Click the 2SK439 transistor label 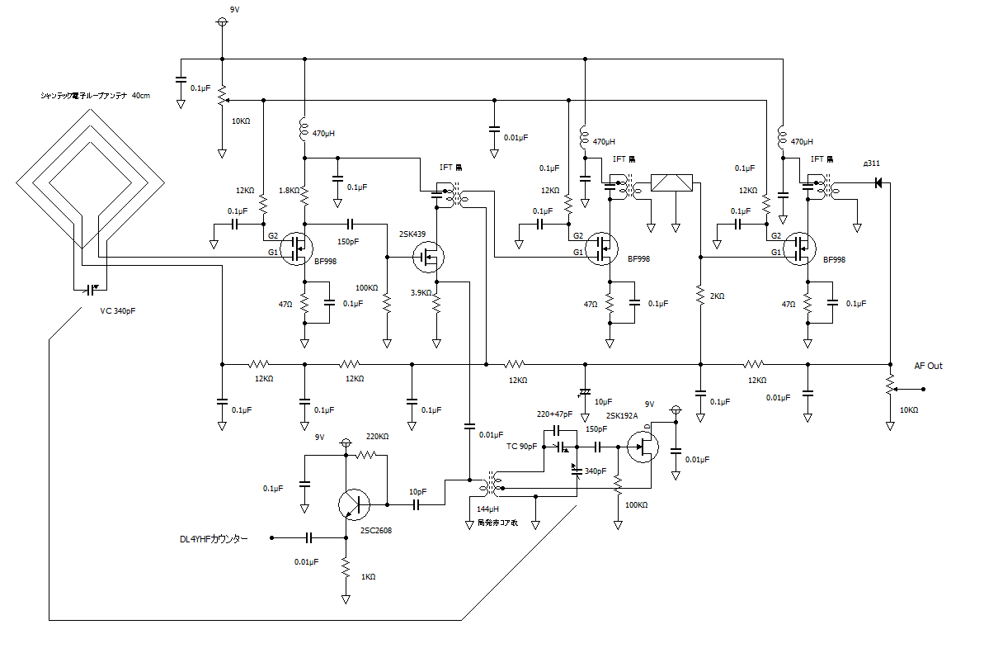coord(412,234)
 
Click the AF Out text coord(928,366)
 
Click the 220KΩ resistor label coord(377,436)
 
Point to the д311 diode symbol coord(878,182)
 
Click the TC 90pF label coord(521,446)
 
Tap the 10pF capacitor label coord(417,491)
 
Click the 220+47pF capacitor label coord(554,414)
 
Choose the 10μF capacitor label coord(603,401)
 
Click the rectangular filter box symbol coord(673,182)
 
